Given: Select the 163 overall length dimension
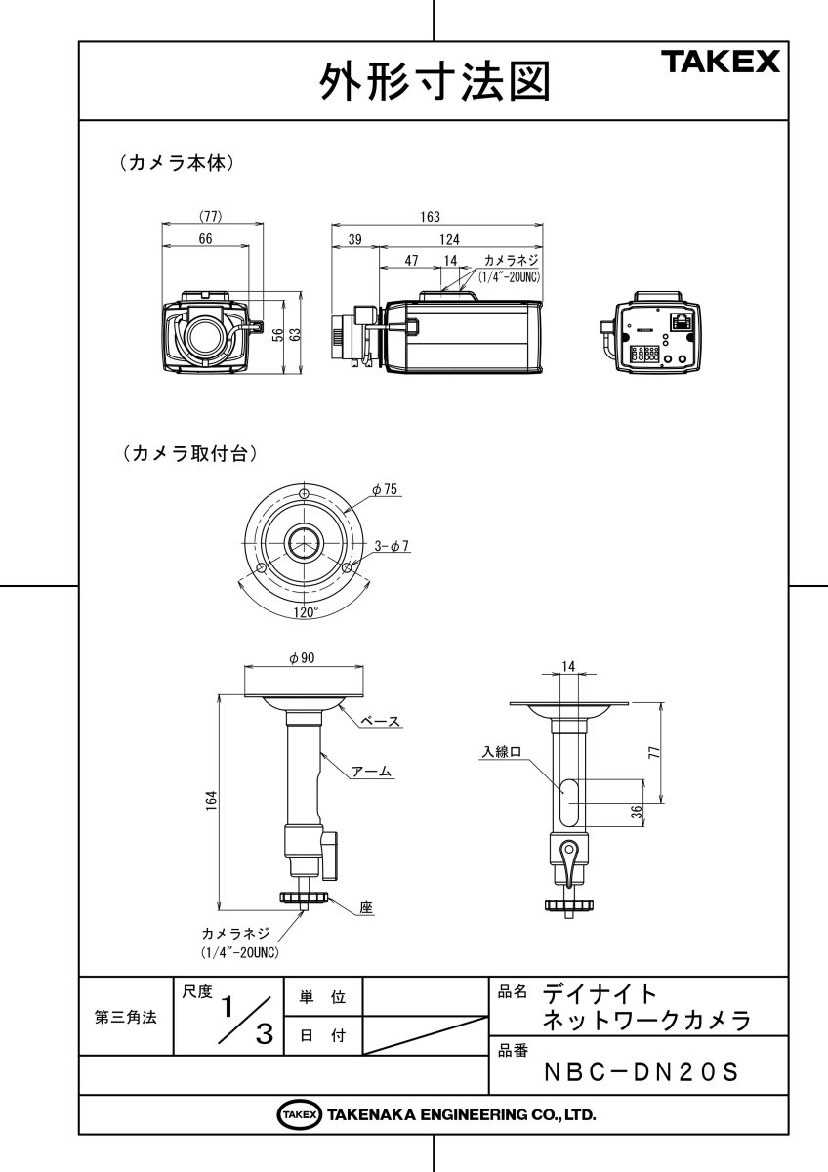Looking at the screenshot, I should tap(431, 217).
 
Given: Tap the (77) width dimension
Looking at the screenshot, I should tap(211, 217).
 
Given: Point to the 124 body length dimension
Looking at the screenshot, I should tap(449, 239).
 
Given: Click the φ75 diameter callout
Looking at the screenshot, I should tap(385, 490).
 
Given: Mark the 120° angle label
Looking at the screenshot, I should tap(305, 612).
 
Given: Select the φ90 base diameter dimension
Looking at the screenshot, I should tap(302, 658).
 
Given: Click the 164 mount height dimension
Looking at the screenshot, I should tap(210, 801).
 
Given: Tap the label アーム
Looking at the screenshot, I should tap(371, 772).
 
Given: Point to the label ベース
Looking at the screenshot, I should tap(381, 721).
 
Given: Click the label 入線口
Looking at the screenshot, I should tap(502, 752).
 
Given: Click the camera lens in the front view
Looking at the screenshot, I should tap(205, 335).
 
